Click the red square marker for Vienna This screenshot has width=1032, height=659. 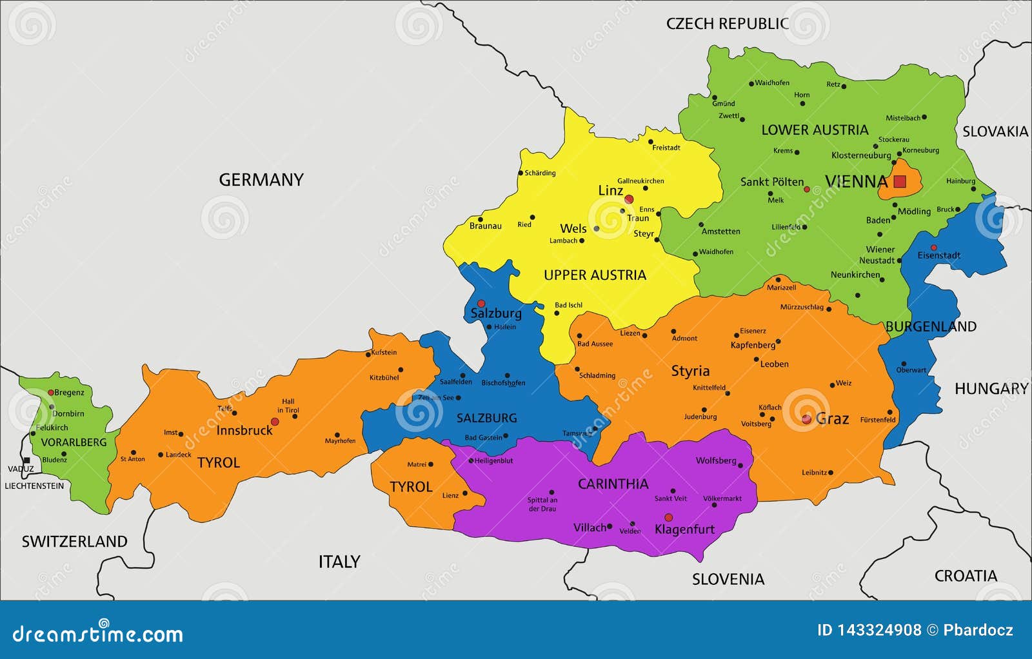900,182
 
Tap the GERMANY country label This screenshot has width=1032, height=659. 261,180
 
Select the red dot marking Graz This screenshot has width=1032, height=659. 806,419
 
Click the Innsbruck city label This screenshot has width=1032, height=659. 244,430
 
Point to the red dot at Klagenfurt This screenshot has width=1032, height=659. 668,517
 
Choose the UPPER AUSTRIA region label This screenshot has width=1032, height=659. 595,275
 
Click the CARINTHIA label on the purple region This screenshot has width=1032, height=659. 613,484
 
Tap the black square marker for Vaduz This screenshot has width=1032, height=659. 26,460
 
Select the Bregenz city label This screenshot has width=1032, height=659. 69,392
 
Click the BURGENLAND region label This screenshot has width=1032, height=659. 931,326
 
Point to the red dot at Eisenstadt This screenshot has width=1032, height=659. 933,248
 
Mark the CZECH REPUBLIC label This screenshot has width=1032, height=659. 727,24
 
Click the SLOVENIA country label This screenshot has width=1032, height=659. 728,579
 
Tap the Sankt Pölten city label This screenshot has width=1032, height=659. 772,182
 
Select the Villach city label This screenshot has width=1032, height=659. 590,527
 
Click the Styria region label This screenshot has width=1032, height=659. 690,371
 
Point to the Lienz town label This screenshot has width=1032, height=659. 450,495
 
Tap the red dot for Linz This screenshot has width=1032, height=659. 629,199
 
